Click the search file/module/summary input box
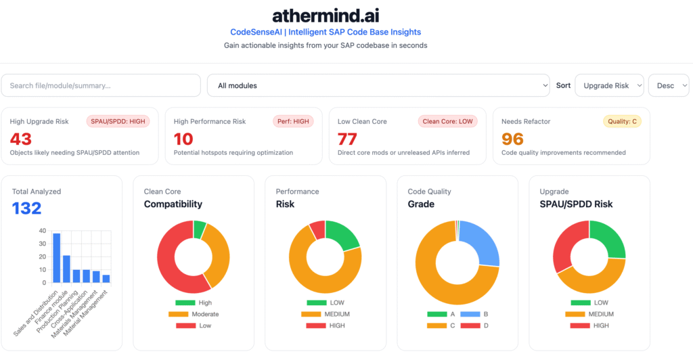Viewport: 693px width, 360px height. point(101,85)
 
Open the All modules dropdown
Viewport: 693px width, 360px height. point(378,85)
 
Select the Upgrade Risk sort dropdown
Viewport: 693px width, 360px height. point(609,85)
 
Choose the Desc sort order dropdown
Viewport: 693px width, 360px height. point(669,85)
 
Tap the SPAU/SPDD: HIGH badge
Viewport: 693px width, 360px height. point(118,121)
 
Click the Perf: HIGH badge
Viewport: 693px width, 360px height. point(292,121)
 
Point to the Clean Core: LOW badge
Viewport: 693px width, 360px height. point(448,121)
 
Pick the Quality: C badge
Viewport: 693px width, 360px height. point(622,121)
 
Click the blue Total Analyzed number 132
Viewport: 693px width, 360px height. point(27,208)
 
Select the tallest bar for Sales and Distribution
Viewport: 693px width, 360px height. point(57,258)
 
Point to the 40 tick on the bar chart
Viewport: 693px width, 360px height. point(43,231)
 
